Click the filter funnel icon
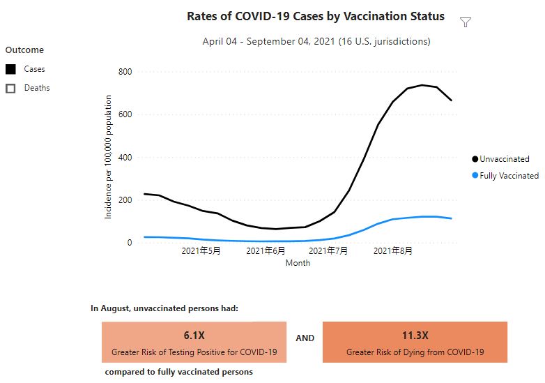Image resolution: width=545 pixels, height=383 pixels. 466,22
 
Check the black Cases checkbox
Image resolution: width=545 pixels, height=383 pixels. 10,69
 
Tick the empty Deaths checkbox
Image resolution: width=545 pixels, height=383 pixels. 10,88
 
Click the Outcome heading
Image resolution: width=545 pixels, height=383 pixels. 24,50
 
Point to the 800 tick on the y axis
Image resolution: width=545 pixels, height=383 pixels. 125,72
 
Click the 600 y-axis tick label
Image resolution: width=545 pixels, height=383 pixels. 125,114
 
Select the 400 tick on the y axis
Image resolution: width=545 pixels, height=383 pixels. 125,157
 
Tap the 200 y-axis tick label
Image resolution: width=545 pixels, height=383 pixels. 125,200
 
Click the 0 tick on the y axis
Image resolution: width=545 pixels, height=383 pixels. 129,243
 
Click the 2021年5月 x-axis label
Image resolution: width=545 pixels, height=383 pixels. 201,251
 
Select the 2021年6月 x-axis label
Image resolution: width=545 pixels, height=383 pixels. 266,251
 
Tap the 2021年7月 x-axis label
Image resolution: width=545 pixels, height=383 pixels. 328,251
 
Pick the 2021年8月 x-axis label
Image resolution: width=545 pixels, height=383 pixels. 393,251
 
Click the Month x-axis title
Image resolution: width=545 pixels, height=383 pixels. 298,263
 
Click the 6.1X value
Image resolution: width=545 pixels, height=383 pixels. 194,335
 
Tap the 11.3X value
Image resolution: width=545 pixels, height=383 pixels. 415,335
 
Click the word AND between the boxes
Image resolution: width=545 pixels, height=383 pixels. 305,338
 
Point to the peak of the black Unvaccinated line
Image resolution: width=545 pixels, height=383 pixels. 422,85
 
